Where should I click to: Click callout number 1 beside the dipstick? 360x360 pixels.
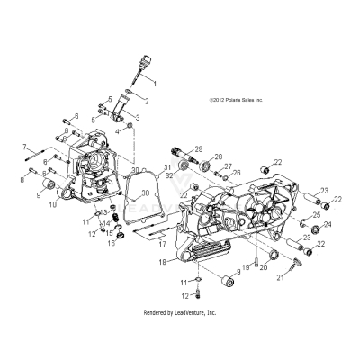pyautogui.click(x=154, y=82)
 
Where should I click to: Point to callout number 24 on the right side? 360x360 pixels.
pyautogui.click(x=328, y=225)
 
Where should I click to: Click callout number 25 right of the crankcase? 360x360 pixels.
pyautogui.click(x=318, y=215)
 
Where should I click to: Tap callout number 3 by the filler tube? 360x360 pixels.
pyautogui.click(x=138, y=118)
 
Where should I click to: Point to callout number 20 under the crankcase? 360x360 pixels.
pyautogui.click(x=264, y=267)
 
